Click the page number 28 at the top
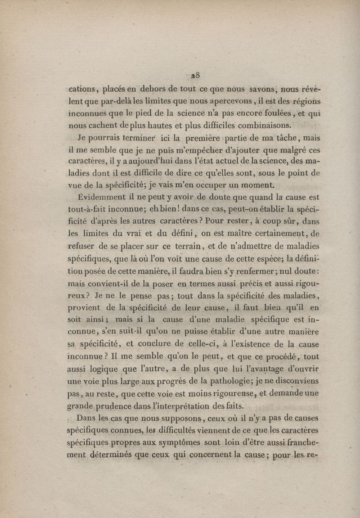coord(195,75)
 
